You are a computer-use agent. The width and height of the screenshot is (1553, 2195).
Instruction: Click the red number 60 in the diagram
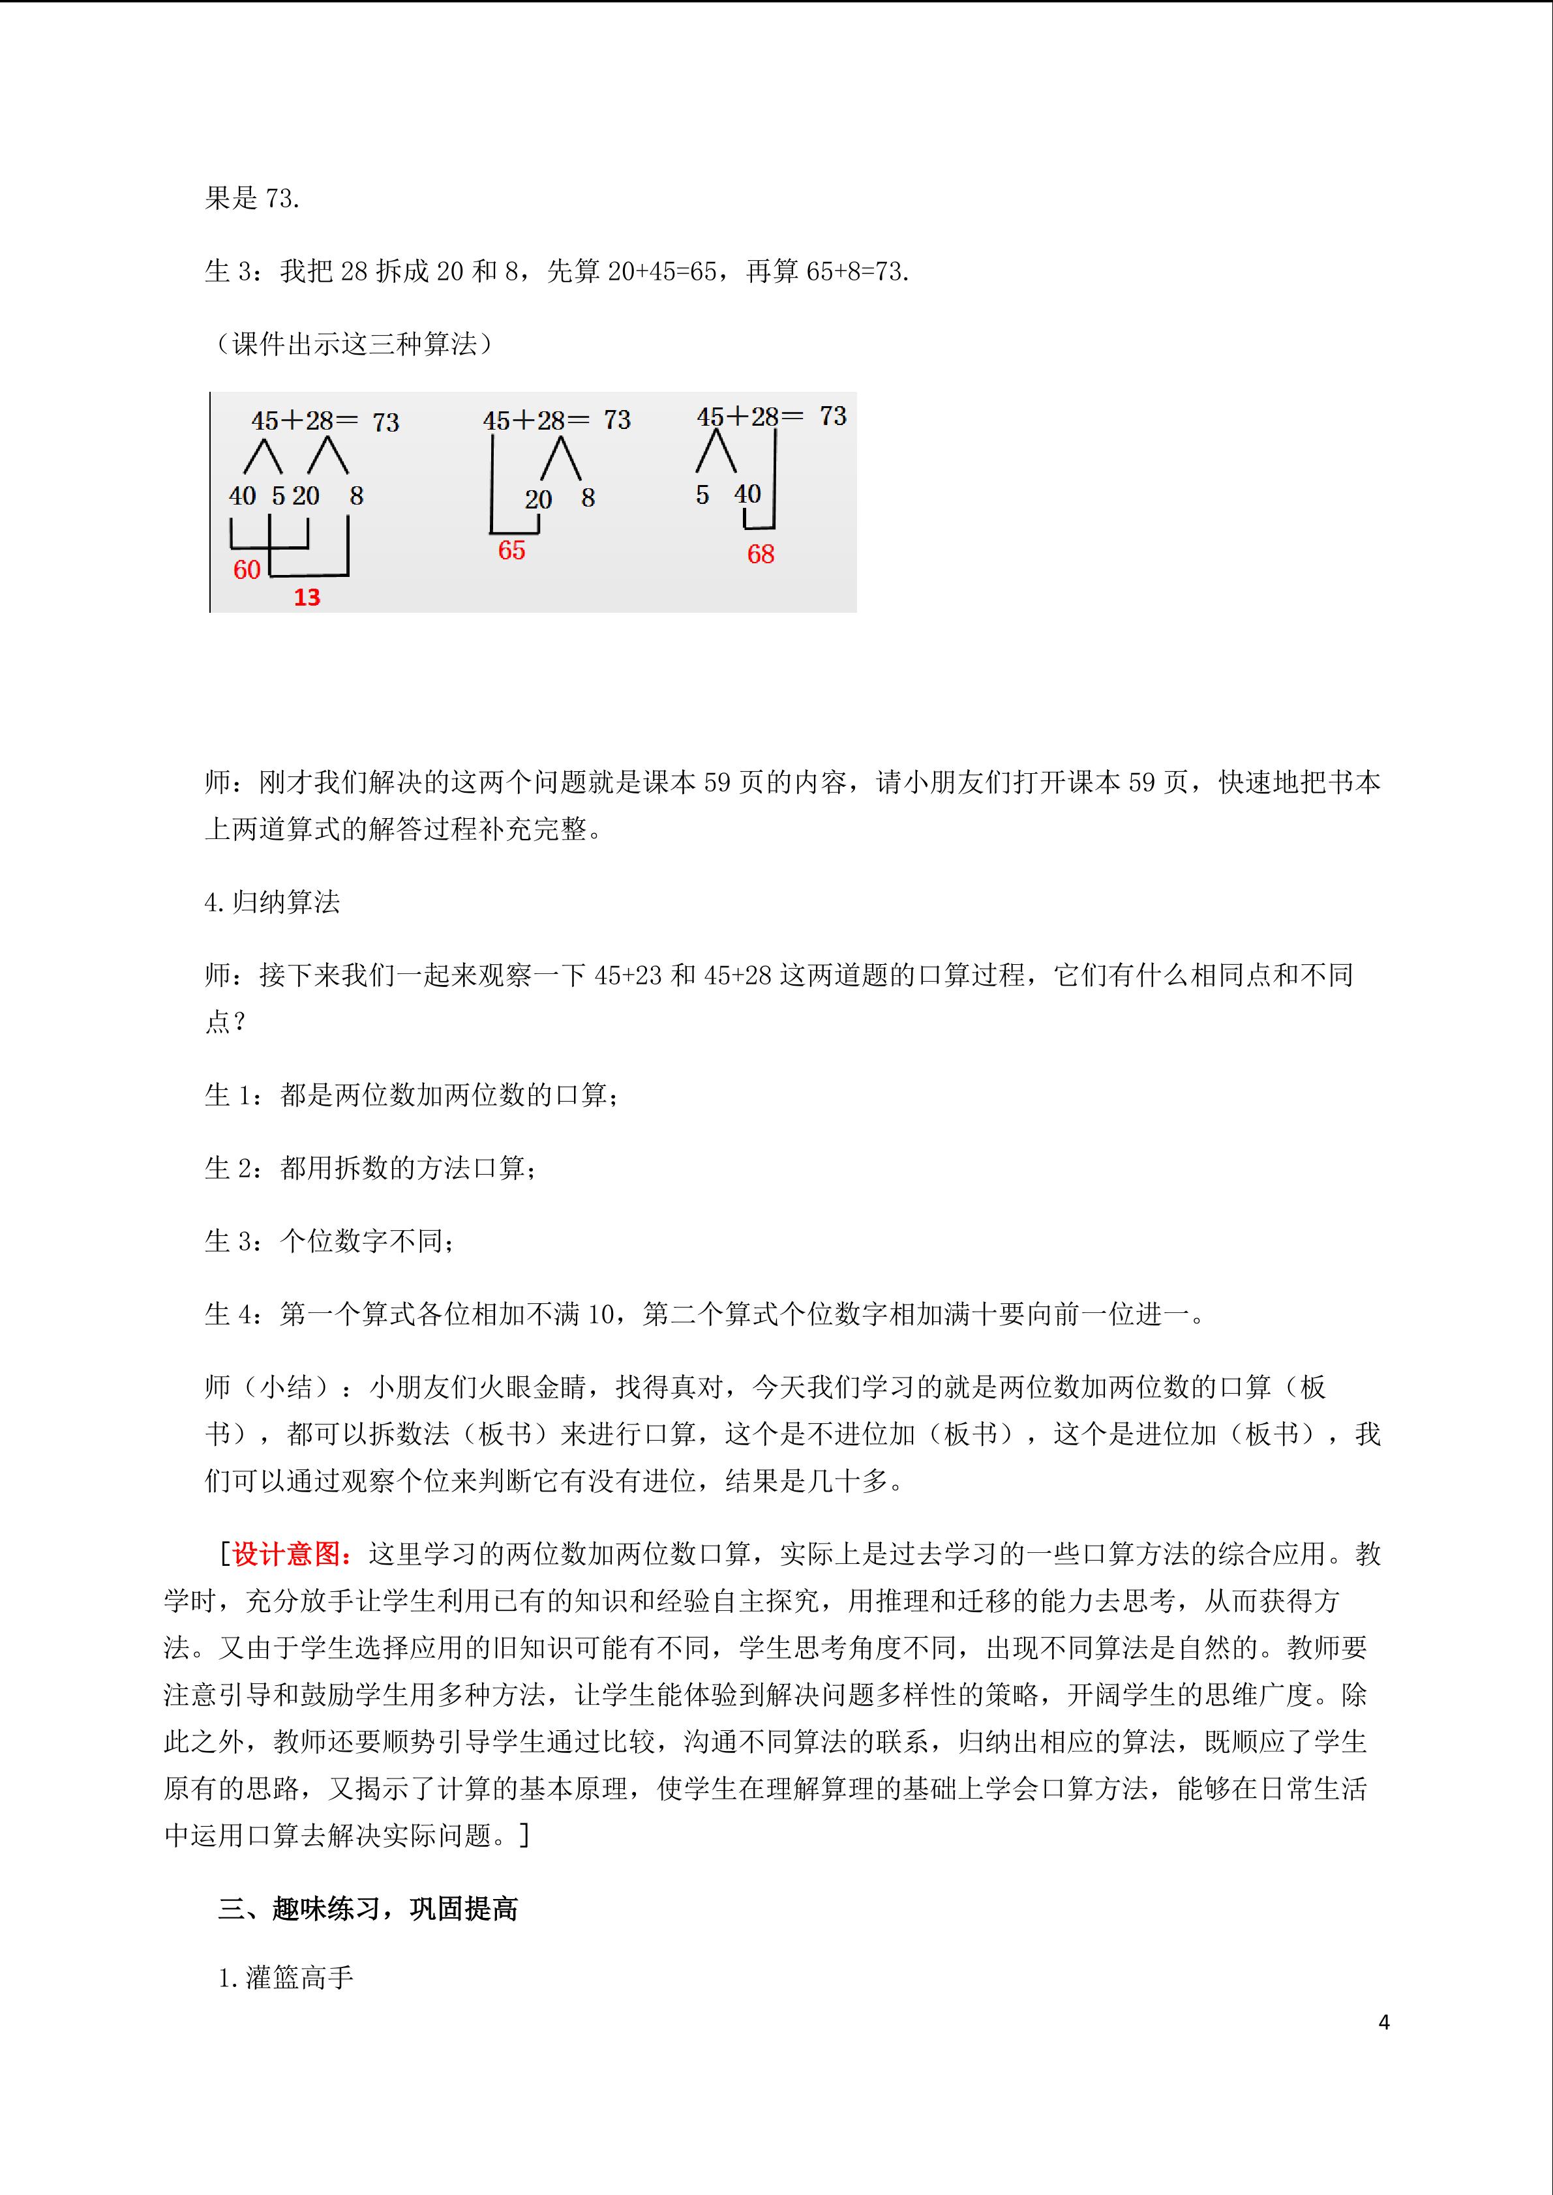click(x=247, y=570)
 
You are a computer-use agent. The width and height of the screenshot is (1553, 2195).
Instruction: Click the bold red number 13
click(x=307, y=598)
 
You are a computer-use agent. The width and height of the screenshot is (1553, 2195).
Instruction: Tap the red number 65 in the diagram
click(x=511, y=551)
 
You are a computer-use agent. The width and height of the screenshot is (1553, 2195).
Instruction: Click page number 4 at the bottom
click(x=1383, y=2022)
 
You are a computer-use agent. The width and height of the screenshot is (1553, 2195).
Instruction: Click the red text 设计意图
click(x=286, y=1554)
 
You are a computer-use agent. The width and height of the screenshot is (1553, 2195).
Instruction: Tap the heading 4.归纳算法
click(x=273, y=902)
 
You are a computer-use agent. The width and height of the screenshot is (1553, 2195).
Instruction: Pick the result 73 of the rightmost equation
click(x=833, y=416)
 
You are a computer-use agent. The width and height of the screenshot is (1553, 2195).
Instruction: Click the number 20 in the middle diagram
click(x=538, y=499)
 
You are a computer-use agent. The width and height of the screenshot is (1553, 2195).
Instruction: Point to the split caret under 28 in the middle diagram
click(x=560, y=459)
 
